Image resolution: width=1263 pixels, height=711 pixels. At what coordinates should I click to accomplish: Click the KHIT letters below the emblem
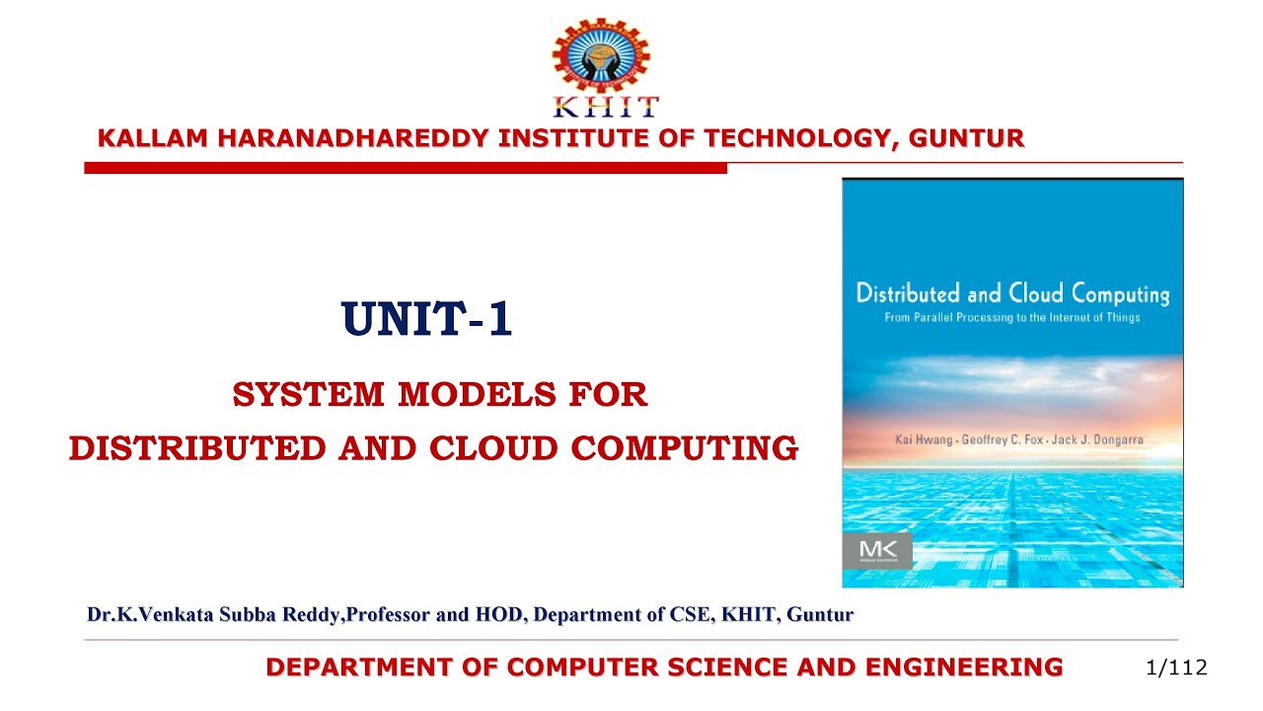coord(602,107)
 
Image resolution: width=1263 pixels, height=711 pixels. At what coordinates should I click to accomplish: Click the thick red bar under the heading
coord(406,169)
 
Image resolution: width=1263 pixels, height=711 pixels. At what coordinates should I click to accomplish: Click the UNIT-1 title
coord(427,319)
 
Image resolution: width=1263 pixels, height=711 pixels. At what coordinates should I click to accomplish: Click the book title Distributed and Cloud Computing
coord(1012,293)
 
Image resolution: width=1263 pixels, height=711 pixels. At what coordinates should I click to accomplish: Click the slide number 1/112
coord(1177,668)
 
